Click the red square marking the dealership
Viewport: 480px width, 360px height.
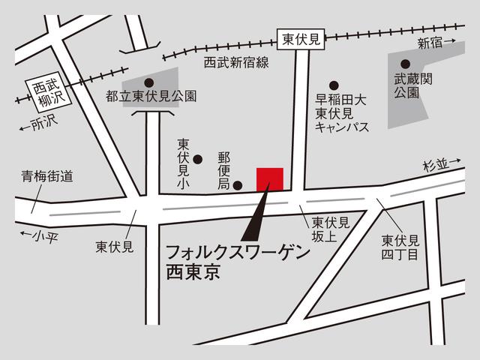pyautogui.click(x=269, y=180)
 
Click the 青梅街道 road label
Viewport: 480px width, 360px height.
pyautogui.click(x=46, y=176)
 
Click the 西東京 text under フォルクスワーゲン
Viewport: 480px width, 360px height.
pyautogui.click(x=193, y=271)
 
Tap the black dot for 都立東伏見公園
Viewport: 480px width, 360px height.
pyautogui.click(x=148, y=82)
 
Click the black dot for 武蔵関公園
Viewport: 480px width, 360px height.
pyautogui.click(x=406, y=64)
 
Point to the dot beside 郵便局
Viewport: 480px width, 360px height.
pyautogui.click(x=238, y=185)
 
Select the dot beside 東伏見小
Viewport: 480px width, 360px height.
pyautogui.click(x=198, y=158)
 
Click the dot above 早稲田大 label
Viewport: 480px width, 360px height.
pyautogui.click(x=334, y=85)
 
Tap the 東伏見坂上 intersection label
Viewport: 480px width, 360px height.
pyautogui.click(x=331, y=229)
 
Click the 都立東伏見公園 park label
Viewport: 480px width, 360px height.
pyautogui.click(x=151, y=96)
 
